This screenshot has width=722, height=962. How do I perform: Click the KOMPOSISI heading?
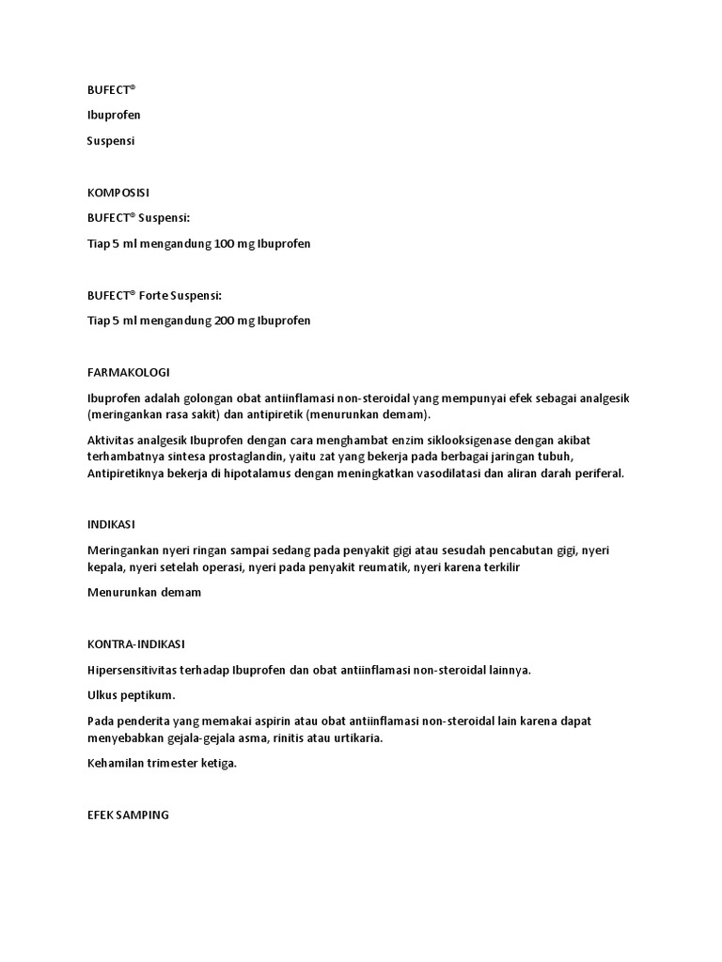click(x=118, y=193)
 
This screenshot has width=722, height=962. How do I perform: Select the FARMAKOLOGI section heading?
click(x=129, y=372)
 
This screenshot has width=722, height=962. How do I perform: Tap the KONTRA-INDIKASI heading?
click(x=136, y=644)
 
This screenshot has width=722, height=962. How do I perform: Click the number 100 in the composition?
click(x=226, y=243)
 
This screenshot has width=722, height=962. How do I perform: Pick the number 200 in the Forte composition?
click(x=226, y=320)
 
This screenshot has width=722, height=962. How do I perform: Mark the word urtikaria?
click(x=357, y=737)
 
